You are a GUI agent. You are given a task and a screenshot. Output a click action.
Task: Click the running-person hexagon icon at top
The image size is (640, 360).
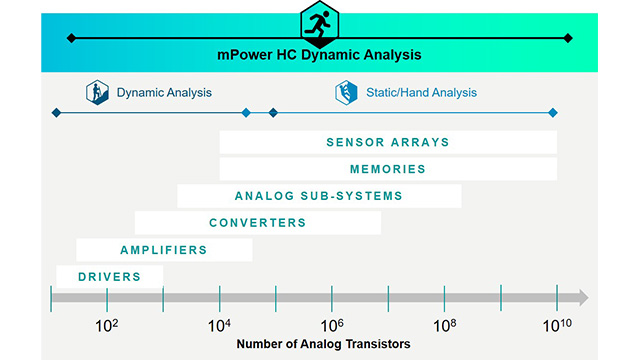(320, 22)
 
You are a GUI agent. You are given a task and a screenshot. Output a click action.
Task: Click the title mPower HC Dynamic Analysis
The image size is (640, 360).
(320, 55)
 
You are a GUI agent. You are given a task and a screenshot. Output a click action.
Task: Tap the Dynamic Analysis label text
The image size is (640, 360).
(164, 93)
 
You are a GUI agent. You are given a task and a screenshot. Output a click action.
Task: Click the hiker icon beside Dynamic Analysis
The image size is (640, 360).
(97, 93)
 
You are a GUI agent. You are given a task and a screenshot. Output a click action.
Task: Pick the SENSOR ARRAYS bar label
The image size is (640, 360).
(388, 142)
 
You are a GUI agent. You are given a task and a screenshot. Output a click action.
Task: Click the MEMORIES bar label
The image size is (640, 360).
(388, 169)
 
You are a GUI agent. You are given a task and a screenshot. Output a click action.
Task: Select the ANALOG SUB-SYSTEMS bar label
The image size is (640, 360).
(318, 196)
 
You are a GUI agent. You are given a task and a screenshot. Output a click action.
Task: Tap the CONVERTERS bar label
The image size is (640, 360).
(257, 222)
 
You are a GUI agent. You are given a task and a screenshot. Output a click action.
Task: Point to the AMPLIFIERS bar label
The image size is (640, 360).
(164, 249)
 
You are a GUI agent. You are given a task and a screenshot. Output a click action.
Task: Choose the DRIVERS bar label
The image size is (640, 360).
(109, 276)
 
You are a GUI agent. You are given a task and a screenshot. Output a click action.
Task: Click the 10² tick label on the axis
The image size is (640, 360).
(107, 325)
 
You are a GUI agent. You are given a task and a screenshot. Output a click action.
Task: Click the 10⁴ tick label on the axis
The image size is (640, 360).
(220, 325)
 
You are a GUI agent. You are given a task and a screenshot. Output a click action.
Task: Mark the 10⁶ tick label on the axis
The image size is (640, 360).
(332, 325)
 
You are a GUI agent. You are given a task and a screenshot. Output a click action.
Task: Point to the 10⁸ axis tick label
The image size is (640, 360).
(445, 325)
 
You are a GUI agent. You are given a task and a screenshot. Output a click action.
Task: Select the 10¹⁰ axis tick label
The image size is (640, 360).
(557, 325)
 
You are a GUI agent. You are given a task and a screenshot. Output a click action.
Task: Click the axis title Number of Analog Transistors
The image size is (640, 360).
(323, 344)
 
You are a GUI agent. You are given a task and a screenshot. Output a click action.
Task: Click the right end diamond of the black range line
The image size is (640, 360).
(568, 38)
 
